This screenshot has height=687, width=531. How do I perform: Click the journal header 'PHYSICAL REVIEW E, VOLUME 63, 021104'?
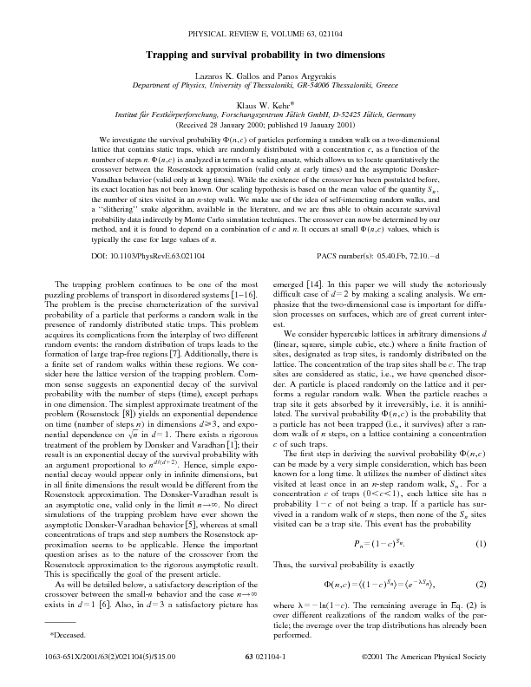pyautogui.click(x=265, y=35)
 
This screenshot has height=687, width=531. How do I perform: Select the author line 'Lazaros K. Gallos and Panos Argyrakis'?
pyautogui.click(x=265, y=77)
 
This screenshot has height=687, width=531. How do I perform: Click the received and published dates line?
pyautogui.click(x=265, y=124)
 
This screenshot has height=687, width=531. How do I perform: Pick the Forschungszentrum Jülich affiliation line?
pyautogui.click(x=265, y=114)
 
